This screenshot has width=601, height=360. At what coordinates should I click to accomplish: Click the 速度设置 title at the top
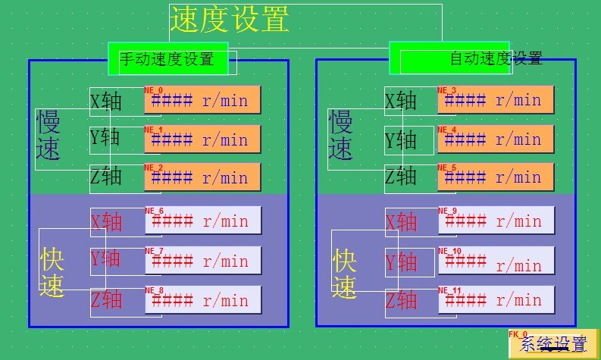(229, 20)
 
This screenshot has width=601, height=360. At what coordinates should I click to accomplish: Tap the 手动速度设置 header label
(167, 58)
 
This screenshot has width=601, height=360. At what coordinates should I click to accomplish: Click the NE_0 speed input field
(202, 100)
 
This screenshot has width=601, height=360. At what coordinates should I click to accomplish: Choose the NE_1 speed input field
(202, 139)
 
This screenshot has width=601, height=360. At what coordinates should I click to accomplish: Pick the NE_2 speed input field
(202, 177)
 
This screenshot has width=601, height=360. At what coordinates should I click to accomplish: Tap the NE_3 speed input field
(496, 100)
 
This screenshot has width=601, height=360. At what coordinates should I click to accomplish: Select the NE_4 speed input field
(496, 139)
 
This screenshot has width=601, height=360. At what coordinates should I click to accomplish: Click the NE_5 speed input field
(496, 177)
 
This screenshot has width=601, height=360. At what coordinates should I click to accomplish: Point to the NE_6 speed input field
(202, 221)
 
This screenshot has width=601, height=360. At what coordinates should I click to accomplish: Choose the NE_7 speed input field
(202, 261)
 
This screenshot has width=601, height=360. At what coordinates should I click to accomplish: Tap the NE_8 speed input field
(202, 300)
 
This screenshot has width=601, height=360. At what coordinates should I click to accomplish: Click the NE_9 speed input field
(496, 221)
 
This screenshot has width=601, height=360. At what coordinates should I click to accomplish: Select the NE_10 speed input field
(496, 261)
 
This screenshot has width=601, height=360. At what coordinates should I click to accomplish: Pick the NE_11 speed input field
(496, 300)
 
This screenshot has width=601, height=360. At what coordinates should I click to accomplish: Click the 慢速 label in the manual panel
(49, 135)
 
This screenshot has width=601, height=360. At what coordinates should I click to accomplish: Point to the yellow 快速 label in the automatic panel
(345, 274)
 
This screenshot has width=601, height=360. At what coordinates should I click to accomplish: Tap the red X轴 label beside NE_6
(106, 221)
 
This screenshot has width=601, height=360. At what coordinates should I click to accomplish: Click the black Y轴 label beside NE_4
(401, 140)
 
